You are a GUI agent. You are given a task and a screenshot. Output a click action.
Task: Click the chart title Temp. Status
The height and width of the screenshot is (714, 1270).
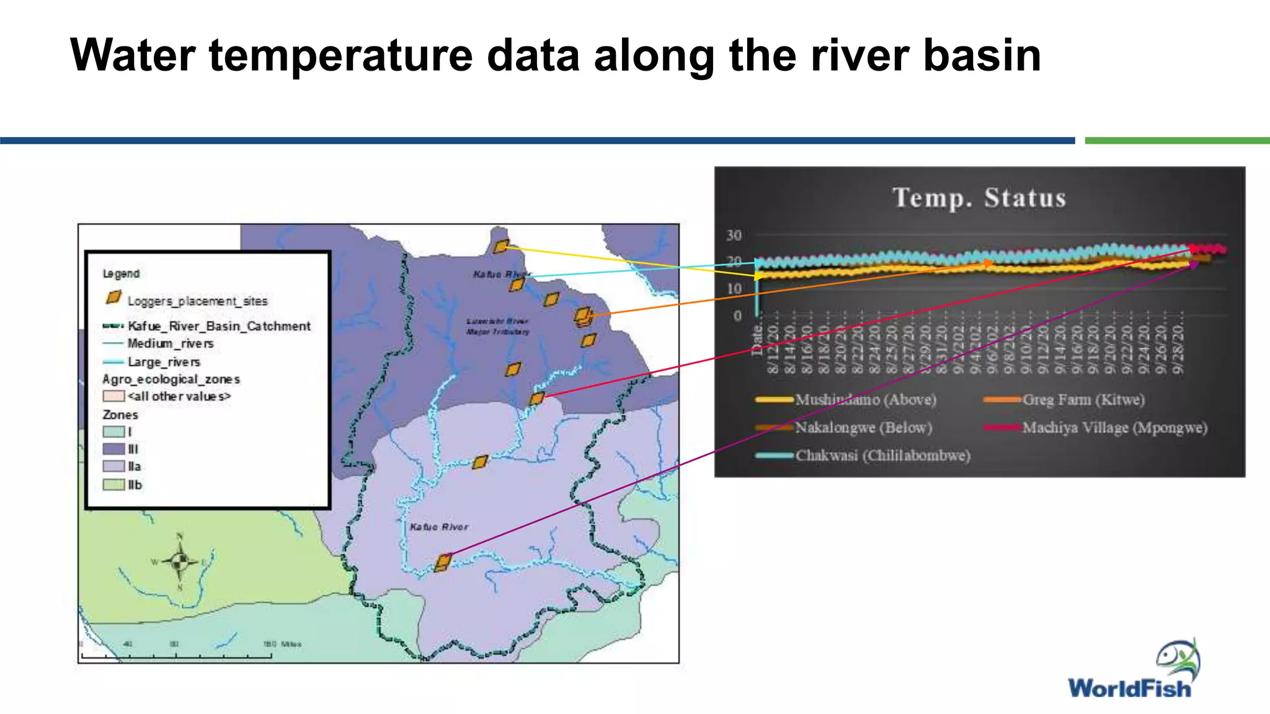[x=979, y=198]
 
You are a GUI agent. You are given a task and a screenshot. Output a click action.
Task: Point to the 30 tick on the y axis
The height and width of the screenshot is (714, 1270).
[x=734, y=236]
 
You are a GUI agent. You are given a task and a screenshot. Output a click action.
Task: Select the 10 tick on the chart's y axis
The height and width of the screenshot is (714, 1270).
[x=734, y=289]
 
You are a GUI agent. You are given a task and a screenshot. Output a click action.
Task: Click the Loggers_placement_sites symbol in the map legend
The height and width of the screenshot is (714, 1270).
[x=113, y=298]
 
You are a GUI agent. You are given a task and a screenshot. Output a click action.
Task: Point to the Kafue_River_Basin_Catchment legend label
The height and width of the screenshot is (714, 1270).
[x=219, y=326]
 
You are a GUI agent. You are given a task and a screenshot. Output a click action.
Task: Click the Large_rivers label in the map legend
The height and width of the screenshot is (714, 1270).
[x=164, y=362]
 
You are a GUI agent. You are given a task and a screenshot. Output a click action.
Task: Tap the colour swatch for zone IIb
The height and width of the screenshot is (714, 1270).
[x=113, y=485]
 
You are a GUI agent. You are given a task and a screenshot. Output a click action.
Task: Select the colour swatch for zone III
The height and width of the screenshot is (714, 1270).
[x=113, y=449]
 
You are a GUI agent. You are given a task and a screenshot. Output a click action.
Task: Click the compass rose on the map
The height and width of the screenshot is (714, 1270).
[x=180, y=562]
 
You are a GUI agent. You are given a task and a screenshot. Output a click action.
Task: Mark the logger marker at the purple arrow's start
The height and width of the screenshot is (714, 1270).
[x=443, y=562]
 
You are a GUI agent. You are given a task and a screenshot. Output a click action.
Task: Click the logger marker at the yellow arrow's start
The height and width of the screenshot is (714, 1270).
[x=501, y=246]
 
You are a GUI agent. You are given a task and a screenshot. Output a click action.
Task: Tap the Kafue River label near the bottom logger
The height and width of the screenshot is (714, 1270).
[x=438, y=527]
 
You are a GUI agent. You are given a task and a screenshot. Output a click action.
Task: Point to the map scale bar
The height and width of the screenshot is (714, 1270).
[x=177, y=654]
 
